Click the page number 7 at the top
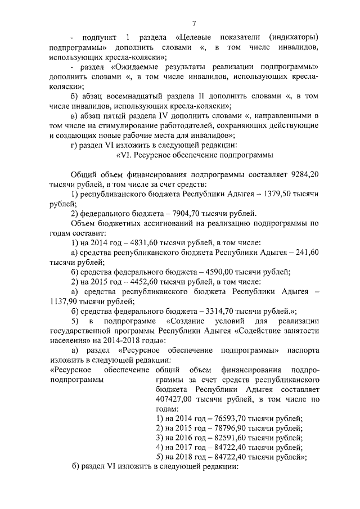[x=193, y=23]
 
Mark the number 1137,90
[x=64, y=301]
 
